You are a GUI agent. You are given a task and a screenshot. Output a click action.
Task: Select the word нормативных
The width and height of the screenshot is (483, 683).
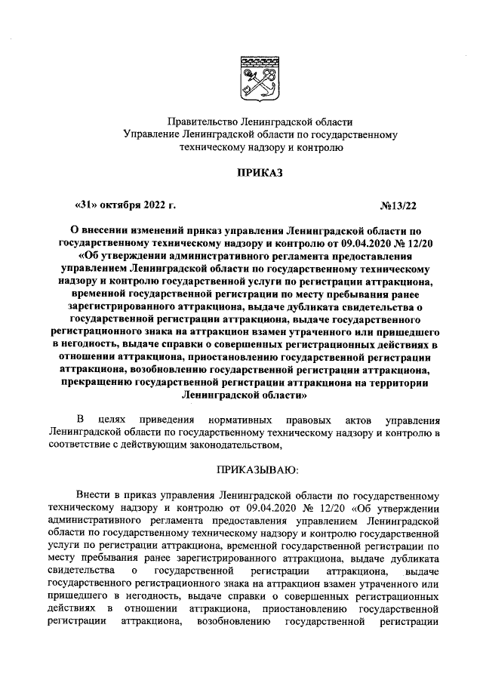tap(238, 419)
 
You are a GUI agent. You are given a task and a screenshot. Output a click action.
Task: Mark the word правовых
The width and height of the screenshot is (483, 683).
tap(307, 419)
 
